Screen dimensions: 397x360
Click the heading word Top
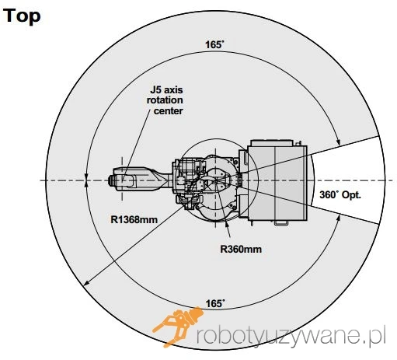[22, 16]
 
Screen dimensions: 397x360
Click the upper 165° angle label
[214, 44]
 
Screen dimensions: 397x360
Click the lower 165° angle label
[215, 303]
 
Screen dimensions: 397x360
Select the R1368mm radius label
[134, 220]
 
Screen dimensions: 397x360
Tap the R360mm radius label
[241, 250]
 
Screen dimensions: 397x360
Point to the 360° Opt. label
[340, 195]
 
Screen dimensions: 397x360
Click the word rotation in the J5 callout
[165, 100]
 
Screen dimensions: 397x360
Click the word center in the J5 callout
[169, 111]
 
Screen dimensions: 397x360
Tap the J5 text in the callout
[156, 90]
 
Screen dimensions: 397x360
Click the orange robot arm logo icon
[178, 327]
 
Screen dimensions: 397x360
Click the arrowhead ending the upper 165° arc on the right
[338, 142]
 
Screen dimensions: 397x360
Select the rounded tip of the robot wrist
[110, 180]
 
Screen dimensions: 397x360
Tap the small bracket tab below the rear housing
[281, 223]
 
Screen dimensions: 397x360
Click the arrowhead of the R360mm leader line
[226, 224]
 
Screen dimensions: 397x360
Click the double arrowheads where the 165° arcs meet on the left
[86, 180]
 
